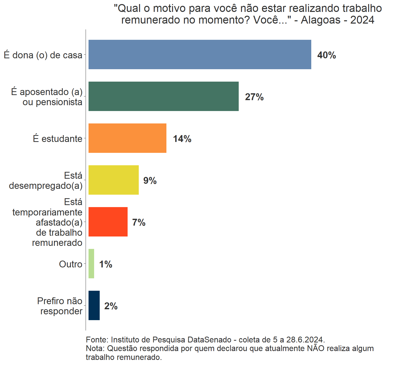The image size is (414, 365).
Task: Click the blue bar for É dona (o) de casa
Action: click(x=200, y=54)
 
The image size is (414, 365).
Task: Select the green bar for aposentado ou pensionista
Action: click(x=163, y=96)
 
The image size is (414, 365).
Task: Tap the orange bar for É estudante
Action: click(x=127, y=138)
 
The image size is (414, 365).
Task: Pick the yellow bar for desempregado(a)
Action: click(x=113, y=180)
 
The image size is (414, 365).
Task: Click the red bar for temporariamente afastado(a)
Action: click(x=108, y=222)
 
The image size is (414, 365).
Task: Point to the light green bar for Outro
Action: click(x=91, y=264)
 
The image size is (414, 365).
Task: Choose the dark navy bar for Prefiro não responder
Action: click(x=94, y=305)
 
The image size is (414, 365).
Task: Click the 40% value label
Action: click(x=326, y=55)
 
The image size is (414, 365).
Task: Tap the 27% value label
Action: click(x=254, y=97)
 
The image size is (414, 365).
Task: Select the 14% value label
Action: click(x=182, y=139)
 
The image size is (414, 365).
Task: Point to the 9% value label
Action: click(x=150, y=181)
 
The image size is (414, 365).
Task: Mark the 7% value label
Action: click(x=139, y=223)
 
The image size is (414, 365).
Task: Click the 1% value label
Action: click(x=106, y=264)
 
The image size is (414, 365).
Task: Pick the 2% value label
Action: click(x=111, y=306)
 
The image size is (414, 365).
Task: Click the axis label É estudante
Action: click(x=58, y=139)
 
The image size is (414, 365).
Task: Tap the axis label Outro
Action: click(x=71, y=264)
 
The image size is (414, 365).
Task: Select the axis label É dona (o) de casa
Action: click(x=43, y=55)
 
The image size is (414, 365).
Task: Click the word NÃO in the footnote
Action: click(x=316, y=349)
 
